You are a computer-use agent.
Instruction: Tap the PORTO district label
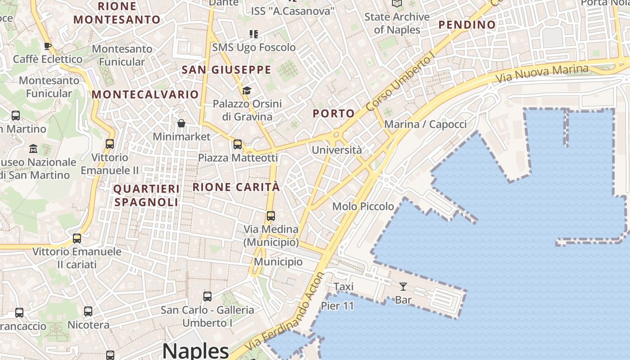(333, 113)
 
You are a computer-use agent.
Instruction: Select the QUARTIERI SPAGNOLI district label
(146, 195)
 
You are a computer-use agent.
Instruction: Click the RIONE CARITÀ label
(236, 187)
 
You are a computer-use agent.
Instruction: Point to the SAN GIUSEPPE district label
(226, 70)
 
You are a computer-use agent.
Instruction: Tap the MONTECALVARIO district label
(145, 94)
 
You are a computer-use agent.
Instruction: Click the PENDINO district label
(467, 25)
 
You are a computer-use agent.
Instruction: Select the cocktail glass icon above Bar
(403, 287)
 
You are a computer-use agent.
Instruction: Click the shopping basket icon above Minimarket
(181, 123)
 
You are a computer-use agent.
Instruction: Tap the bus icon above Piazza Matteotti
(238, 144)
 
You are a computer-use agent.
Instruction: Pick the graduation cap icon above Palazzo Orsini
(247, 91)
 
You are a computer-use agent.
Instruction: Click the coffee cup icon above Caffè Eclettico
(47, 46)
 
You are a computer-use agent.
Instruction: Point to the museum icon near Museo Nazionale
(33, 148)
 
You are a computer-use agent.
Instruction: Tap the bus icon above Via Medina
(271, 216)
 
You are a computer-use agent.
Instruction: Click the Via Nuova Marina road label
(542, 73)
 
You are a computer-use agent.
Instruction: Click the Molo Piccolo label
(363, 207)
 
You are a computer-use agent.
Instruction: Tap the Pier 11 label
(337, 306)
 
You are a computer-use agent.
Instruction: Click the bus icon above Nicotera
(88, 311)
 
